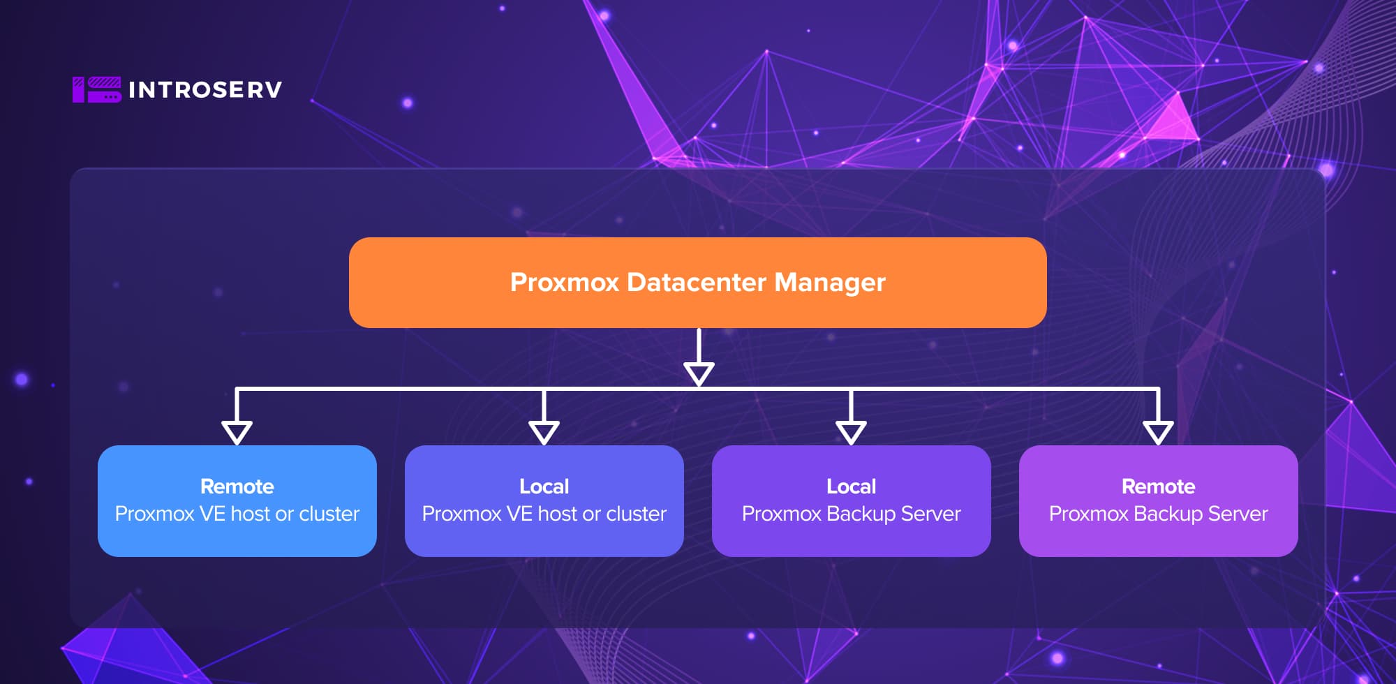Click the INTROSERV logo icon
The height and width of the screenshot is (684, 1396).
pyautogui.click(x=96, y=89)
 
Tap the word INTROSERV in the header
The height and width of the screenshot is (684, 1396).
pyautogui.click(x=205, y=90)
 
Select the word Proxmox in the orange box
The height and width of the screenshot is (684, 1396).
pyautogui.click(x=564, y=283)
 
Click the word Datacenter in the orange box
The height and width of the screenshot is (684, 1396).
pyautogui.click(x=697, y=283)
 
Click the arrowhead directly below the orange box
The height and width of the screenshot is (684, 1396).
pyautogui.click(x=698, y=373)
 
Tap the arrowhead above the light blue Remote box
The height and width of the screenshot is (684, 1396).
pyautogui.click(x=237, y=432)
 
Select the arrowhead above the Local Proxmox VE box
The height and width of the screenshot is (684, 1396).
pyautogui.click(x=544, y=432)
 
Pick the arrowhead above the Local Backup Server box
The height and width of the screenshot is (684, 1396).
pyautogui.click(x=851, y=432)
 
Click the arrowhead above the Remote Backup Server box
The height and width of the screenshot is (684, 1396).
pyautogui.click(x=1158, y=432)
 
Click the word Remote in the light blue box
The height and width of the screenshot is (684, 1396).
pyautogui.click(x=237, y=486)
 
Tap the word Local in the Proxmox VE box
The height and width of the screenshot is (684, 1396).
pyautogui.click(x=544, y=486)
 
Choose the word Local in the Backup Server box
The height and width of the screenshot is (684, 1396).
pyautogui.click(x=851, y=486)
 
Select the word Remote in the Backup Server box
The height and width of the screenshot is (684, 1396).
pyautogui.click(x=1158, y=486)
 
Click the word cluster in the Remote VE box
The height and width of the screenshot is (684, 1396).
pyautogui.click(x=329, y=514)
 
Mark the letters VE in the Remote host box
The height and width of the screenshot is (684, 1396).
pyautogui.click(x=212, y=514)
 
